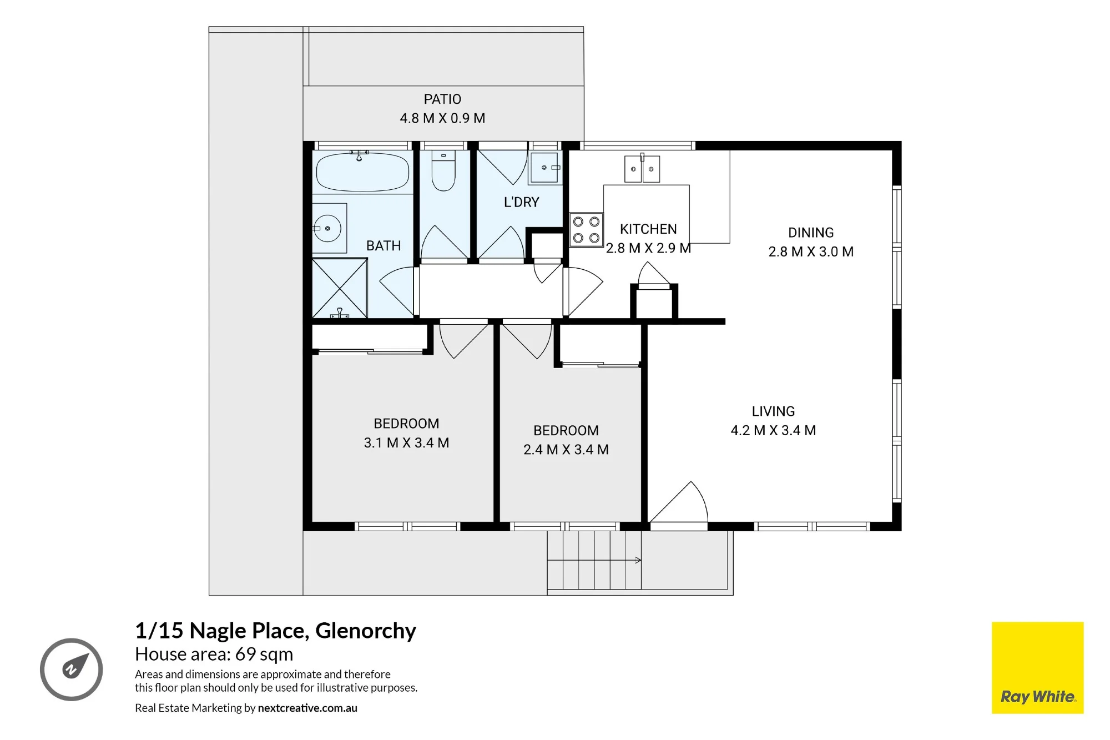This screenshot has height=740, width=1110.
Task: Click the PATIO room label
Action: (x=442, y=99)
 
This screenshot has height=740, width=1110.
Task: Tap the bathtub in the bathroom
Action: (x=363, y=172)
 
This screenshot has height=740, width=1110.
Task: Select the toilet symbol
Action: (x=443, y=170)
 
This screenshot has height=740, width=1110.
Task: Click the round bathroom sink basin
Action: (x=327, y=228)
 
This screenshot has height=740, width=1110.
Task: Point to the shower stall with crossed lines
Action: (x=340, y=288)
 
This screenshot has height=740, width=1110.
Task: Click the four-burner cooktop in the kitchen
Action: (x=586, y=230)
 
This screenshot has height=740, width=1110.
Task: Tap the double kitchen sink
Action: (x=642, y=169)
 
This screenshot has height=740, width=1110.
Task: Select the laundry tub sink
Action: (x=545, y=168)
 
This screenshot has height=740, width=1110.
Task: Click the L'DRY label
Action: (x=521, y=202)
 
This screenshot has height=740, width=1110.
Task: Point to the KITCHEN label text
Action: (x=648, y=229)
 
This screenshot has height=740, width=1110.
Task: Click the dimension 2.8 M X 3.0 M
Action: (x=811, y=251)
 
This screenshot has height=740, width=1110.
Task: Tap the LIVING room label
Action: (x=773, y=411)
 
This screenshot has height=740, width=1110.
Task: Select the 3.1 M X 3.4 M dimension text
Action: (x=406, y=442)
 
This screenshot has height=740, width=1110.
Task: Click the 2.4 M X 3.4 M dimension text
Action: (x=566, y=449)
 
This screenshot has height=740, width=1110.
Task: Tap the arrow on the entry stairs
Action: (x=594, y=560)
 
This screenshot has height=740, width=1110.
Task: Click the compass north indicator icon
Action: (x=72, y=669)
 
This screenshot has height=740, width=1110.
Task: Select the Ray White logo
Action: (x=1037, y=667)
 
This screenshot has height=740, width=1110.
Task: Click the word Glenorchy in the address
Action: (x=366, y=631)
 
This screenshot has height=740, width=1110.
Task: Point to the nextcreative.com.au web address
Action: (x=307, y=708)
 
